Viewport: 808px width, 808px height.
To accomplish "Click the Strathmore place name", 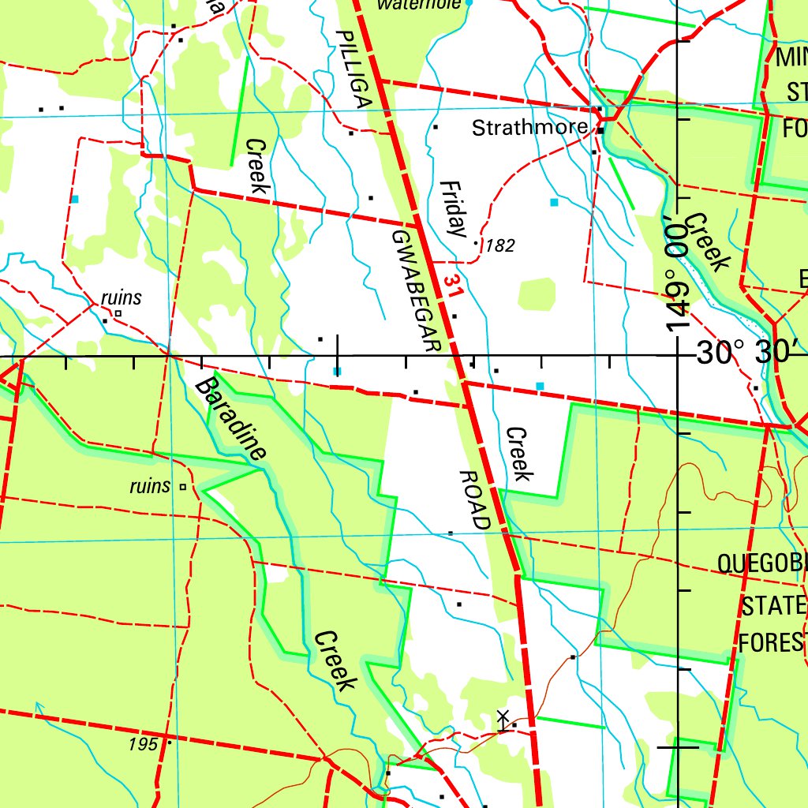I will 529,128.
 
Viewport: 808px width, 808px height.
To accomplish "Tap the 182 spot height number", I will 500,246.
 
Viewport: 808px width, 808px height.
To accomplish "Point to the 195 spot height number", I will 144,744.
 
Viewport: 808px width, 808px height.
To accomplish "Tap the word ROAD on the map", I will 475,500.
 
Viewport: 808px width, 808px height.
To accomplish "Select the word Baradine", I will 230,418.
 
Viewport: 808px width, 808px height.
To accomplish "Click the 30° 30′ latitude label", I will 749,353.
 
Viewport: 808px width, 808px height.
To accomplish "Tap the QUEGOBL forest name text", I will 761,563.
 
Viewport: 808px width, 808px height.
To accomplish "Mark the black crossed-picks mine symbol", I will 503,719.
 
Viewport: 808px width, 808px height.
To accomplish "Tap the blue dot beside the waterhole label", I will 469,3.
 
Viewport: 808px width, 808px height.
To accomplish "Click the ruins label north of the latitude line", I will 122,297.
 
